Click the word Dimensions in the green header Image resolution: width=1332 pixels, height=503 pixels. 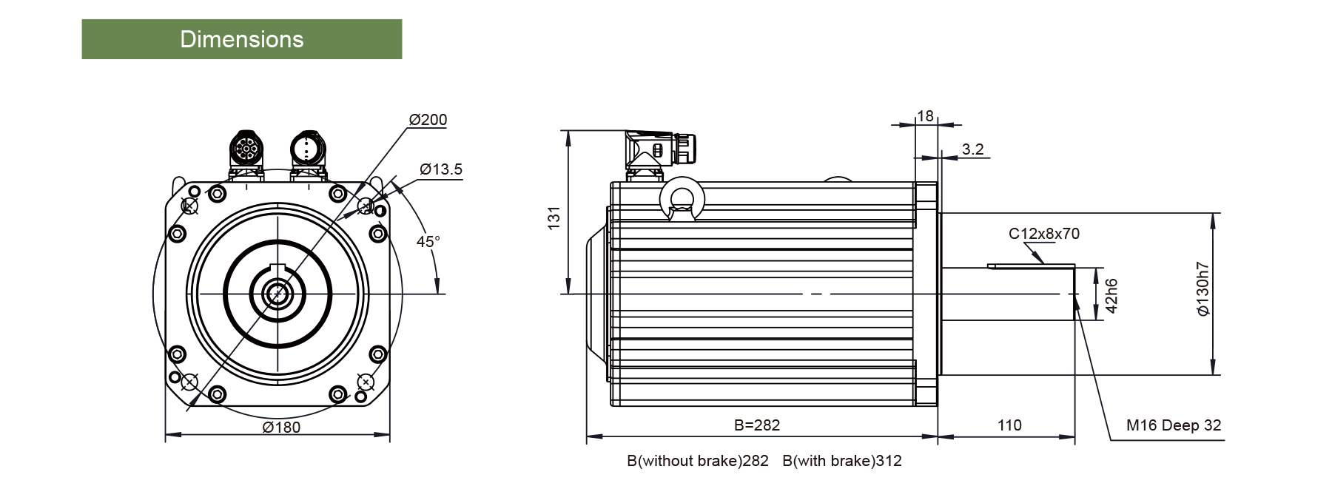click(242, 39)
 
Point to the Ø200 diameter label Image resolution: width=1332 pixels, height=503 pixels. click(428, 120)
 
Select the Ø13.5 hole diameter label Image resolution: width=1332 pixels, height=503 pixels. click(441, 169)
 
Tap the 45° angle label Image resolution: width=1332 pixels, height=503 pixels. click(428, 242)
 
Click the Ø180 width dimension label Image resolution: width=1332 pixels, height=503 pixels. click(282, 427)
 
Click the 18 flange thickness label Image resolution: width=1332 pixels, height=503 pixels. click(925, 115)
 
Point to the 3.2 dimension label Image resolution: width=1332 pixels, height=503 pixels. click(972, 149)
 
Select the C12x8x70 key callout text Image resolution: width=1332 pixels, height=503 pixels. click(1044, 234)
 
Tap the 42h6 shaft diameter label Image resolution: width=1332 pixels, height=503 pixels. click(1111, 295)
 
